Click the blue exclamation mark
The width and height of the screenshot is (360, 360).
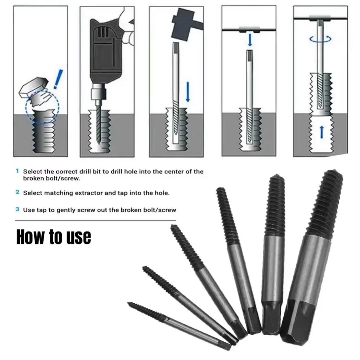click(58, 79)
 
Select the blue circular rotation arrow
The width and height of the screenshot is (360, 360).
click(320, 39)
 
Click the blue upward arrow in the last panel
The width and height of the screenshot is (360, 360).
click(321, 132)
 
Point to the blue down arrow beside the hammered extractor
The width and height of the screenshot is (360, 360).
click(188, 92)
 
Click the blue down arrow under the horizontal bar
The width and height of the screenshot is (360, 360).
click(250, 40)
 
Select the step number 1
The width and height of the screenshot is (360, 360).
click(17, 171)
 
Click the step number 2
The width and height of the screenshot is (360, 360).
click(17, 192)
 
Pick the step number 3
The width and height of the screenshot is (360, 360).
click(17, 209)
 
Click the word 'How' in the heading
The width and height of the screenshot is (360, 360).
click(30, 237)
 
